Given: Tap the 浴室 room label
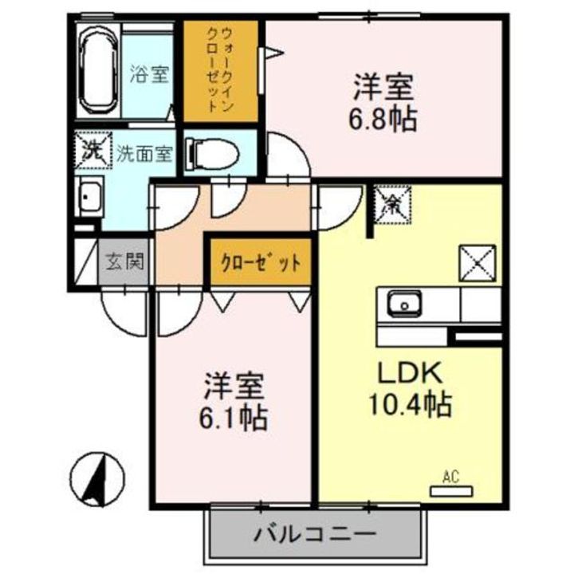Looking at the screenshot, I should [149, 77].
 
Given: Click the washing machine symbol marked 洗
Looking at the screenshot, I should [91, 150].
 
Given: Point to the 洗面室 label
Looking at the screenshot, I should [144, 154].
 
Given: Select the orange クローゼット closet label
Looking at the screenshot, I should [260, 261].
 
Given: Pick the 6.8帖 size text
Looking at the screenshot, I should [383, 120].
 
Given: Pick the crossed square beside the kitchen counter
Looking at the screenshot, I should [478, 262].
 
